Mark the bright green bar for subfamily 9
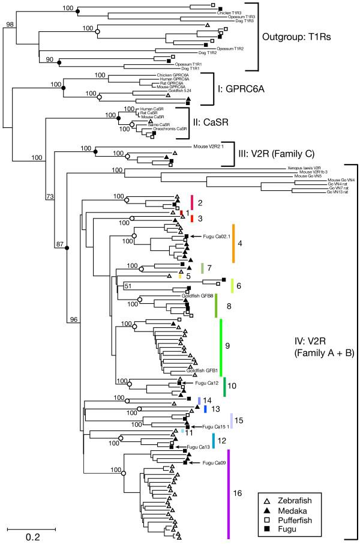[x=221, y=346]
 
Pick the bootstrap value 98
[x=10, y=25]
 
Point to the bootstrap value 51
[x=127, y=286]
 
